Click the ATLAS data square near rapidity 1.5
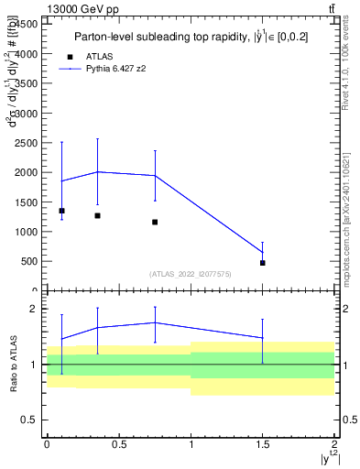pyautogui.click(x=263, y=263)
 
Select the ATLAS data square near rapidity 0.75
pyautogui.click(x=155, y=222)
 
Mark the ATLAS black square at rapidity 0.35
pyautogui.click(x=97, y=215)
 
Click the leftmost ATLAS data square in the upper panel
pyautogui.click(x=61, y=211)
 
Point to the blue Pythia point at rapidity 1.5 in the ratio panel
pyautogui.click(x=263, y=338)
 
